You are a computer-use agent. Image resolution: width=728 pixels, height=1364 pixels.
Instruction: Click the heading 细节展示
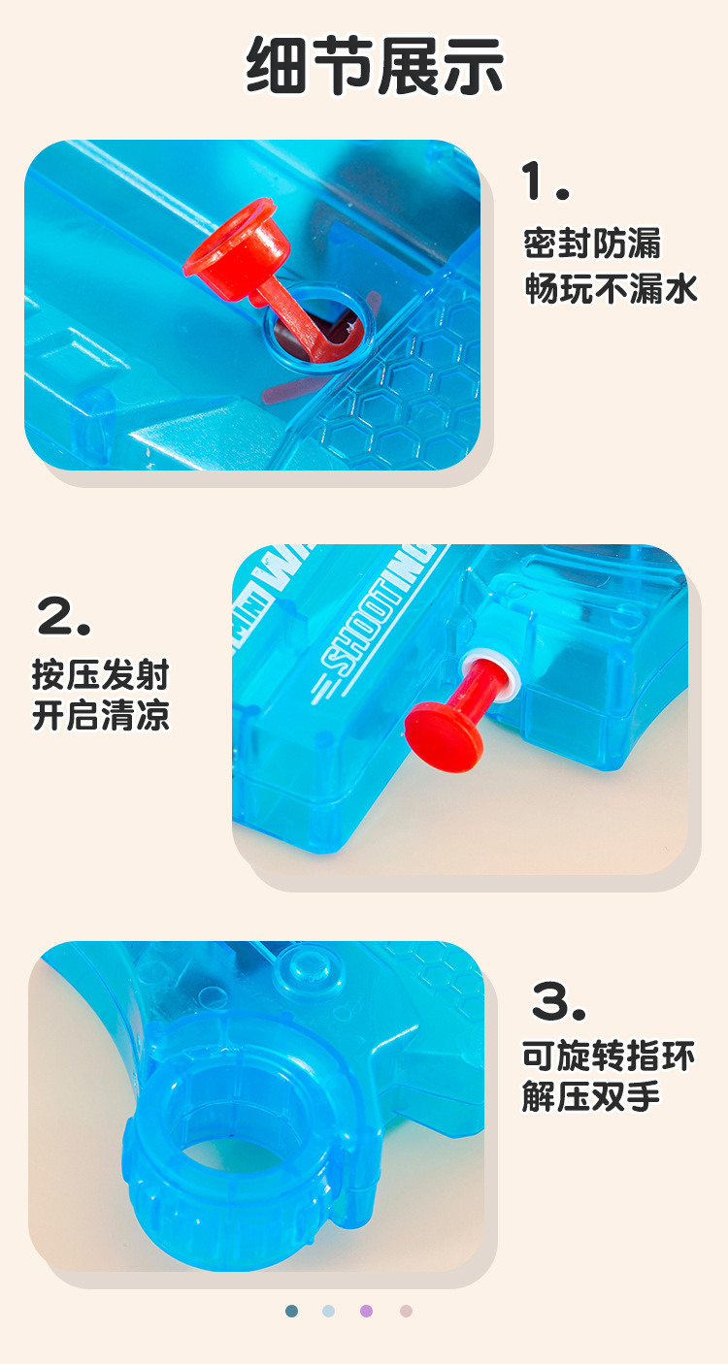(375, 67)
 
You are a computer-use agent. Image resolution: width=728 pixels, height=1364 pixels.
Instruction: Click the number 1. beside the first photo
(545, 181)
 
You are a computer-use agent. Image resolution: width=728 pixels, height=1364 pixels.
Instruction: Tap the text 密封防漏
(591, 244)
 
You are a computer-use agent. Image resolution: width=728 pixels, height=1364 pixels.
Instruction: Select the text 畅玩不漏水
(612, 288)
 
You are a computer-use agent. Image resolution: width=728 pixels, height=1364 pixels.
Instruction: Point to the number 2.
(64, 616)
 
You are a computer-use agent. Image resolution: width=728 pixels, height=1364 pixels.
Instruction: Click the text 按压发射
(101, 674)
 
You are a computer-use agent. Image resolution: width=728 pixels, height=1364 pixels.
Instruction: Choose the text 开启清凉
(101, 717)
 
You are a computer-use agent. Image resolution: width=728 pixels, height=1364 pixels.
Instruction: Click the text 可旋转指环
(609, 1056)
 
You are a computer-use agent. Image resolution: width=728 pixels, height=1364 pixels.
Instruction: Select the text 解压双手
(591, 1097)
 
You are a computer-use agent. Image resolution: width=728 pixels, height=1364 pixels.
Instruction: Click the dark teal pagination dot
(292, 1311)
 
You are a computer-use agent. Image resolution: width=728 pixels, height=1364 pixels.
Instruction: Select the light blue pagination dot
(329, 1311)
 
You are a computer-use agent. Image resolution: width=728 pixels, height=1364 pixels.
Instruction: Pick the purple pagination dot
(367, 1311)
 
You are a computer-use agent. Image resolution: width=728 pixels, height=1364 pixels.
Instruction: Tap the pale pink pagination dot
(406, 1311)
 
